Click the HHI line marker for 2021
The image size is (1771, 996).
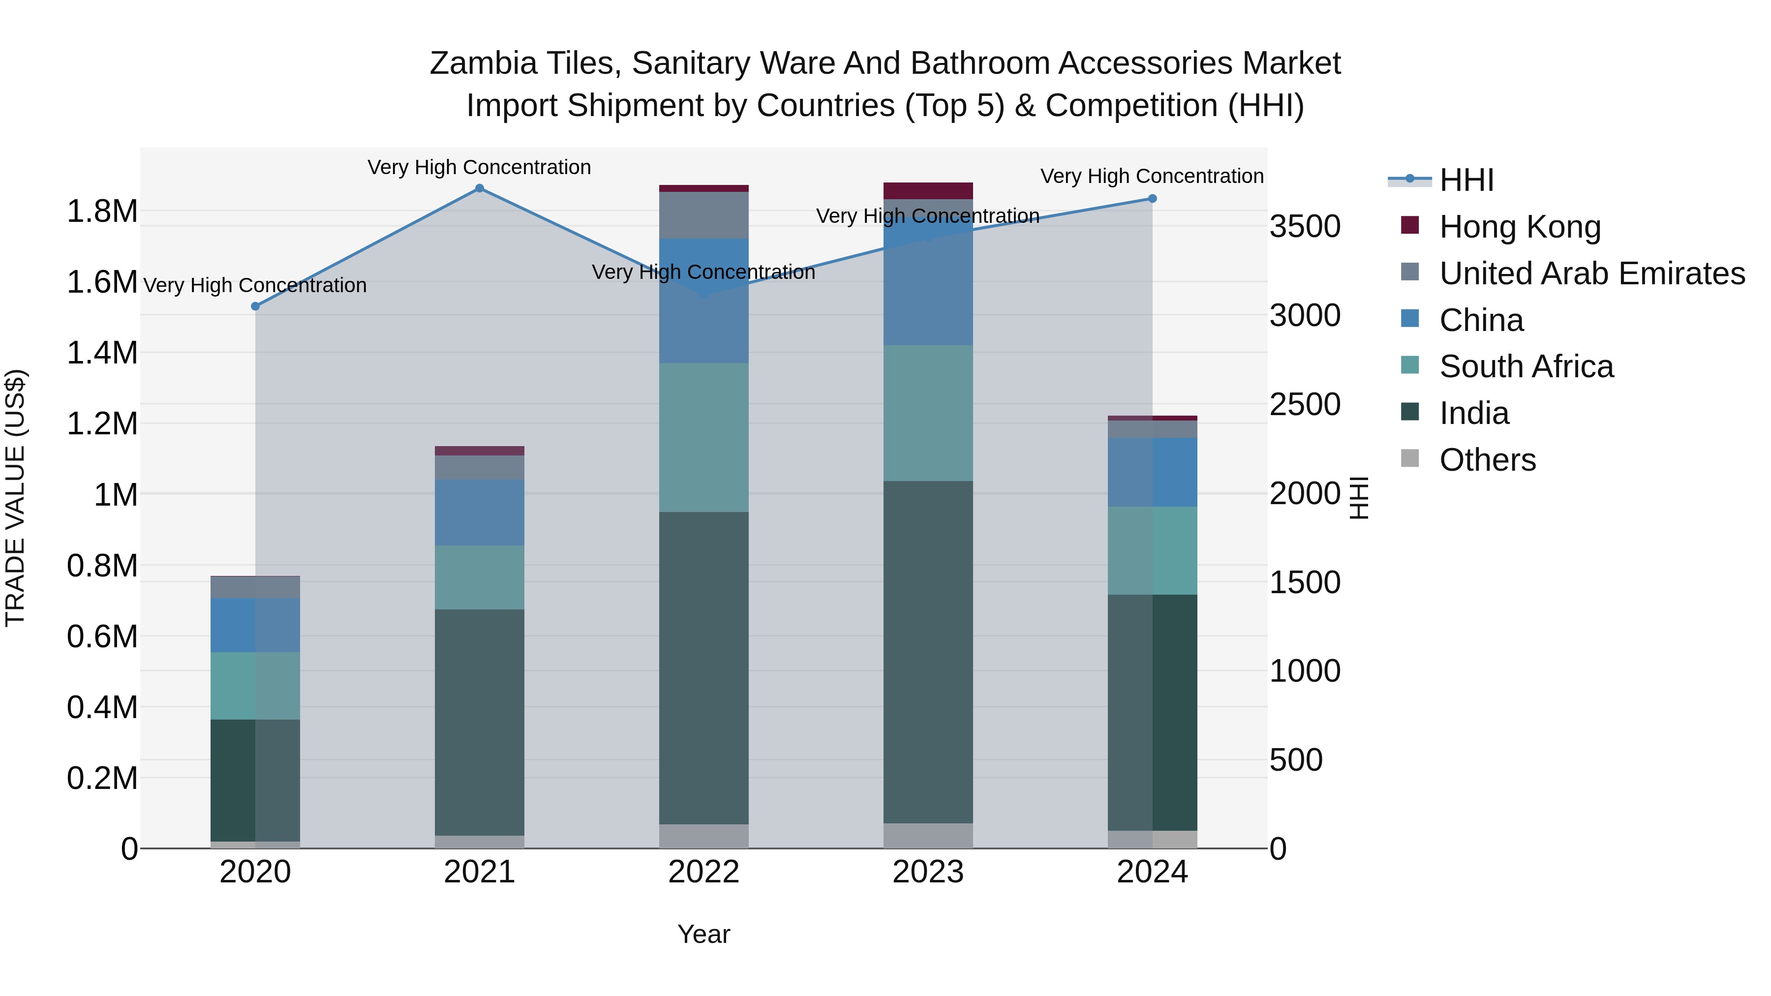pos(479,188)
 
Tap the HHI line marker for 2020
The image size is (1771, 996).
pos(255,306)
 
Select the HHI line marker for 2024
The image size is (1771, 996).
pos(1152,199)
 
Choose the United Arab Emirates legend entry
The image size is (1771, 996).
pos(1591,273)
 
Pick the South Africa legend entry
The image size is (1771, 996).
pos(1526,366)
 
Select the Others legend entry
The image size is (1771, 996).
pos(1487,460)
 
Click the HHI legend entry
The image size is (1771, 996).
pos(1466,180)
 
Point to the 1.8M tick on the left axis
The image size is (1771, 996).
pos(102,211)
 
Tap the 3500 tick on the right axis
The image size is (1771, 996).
pos(1304,226)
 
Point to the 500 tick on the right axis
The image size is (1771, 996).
pos(1295,760)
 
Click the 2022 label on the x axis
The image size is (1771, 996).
pos(703,872)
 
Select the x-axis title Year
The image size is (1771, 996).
pos(703,934)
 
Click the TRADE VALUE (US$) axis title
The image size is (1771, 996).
pos(15,498)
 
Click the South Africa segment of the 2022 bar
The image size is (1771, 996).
pos(703,437)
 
